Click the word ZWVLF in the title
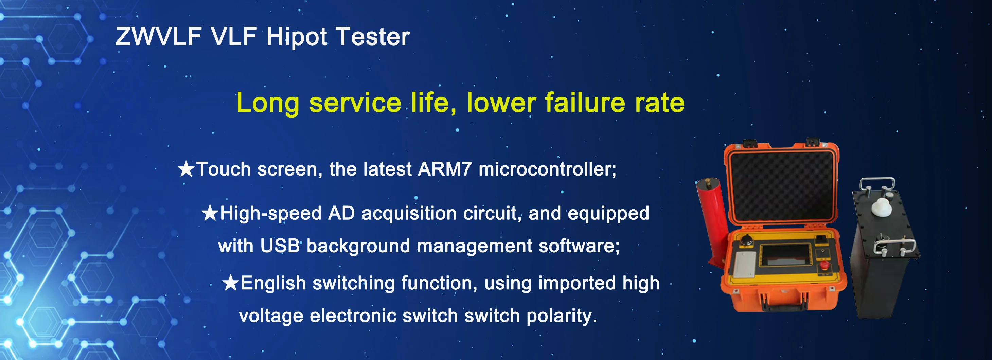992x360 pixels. tap(159, 37)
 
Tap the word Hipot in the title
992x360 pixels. tap(297, 37)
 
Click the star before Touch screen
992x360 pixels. tap(187, 169)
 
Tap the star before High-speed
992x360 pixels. tap(210, 213)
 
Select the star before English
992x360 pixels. tap(231, 283)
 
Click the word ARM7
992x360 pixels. tap(445, 169)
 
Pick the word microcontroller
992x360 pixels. tap(547, 169)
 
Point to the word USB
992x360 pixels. tap(280, 246)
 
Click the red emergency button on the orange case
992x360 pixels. tap(824, 265)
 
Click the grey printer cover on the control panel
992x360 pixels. tap(744, 265)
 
